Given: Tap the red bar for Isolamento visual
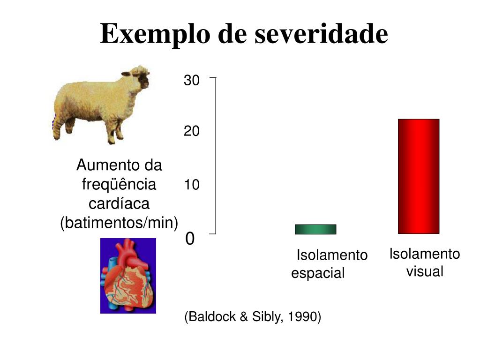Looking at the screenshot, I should pyautogui.click(x=418, y=176).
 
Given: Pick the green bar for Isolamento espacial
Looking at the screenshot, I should pyautogui.click(x=315, y=229).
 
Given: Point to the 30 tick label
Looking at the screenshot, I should pyautogui.click(x=191, y=81).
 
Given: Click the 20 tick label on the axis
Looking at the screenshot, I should pyautogui.click(x=191, y=131).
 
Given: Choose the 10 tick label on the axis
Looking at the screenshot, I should pyautogui.click(x=191, y=185).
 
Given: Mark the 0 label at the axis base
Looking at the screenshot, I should pyautogui.click(x=190, y=239).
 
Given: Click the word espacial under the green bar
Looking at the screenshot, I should pyautogui.click(x=318, y=273).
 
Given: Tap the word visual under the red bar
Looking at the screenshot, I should pyautogui.click(x=425, y=271).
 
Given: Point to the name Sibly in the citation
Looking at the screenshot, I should pyautogui.click(x=266, y=317).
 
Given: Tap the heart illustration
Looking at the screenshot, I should pyautogui.click(x=128, y=276).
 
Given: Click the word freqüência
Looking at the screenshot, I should pyautogui.click(x=119, y=184).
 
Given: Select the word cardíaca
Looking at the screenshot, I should pyautogui.click(x=119, y=203).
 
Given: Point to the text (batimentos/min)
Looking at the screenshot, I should pyautogui.click(x=119, y=223).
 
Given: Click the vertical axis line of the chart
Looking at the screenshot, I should pyautogui.click(x=216, y=155).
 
